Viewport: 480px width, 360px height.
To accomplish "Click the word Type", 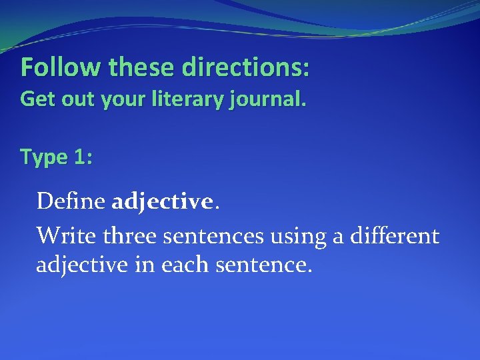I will click(x=44, y=157).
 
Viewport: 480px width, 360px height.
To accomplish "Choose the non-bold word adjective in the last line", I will click(x=82, y=266).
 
